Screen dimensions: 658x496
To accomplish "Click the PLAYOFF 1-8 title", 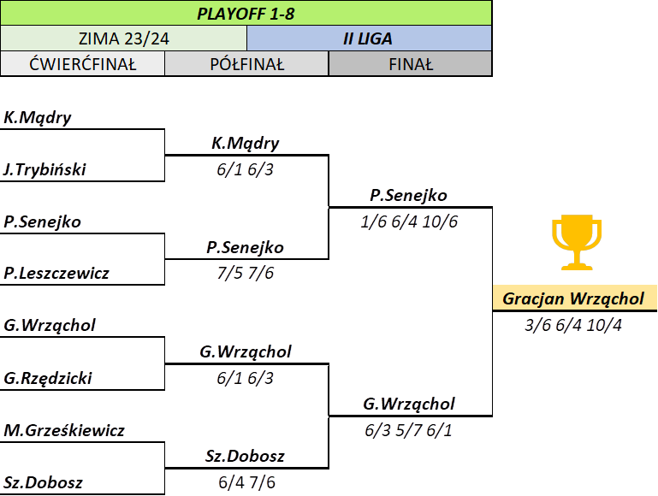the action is (x=246, y=14).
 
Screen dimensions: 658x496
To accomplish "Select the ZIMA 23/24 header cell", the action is (x=124, y=38).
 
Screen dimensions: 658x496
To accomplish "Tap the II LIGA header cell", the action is (x=369, y=38).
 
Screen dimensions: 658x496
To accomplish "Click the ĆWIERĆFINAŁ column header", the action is (x=83, y=64).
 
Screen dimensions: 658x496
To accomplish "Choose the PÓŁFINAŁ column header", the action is (x=246, y=64).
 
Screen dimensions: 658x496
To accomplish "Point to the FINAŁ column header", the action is (x=411, y=64).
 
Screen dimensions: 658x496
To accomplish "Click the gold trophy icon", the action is (x=577, y=242).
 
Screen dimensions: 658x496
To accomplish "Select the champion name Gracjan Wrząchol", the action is (x=573, y=298).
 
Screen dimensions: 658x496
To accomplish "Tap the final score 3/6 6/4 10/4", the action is (x=573, y=325).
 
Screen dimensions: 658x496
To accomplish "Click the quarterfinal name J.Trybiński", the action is (x=44, y=169).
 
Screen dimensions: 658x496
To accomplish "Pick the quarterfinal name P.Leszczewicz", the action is (x=56, y=274).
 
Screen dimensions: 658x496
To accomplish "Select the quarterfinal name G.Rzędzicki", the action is (x=48, y=378).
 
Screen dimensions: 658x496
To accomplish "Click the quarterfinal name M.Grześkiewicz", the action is (x=64, y=431).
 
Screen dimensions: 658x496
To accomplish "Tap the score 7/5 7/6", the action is (x=246, y=274).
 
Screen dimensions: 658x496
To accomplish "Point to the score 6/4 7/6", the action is (x=246, y=482).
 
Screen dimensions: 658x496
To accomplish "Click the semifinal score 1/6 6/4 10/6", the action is (x=409, y=221).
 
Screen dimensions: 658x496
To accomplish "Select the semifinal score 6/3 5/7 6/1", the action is (x=408, y=431).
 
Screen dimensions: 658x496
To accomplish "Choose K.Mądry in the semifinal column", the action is (x=246, y=144).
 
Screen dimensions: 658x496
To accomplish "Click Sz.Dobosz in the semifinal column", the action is (x=245, y=456).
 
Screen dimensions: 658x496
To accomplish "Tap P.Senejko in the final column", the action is (x=409, y=195).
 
